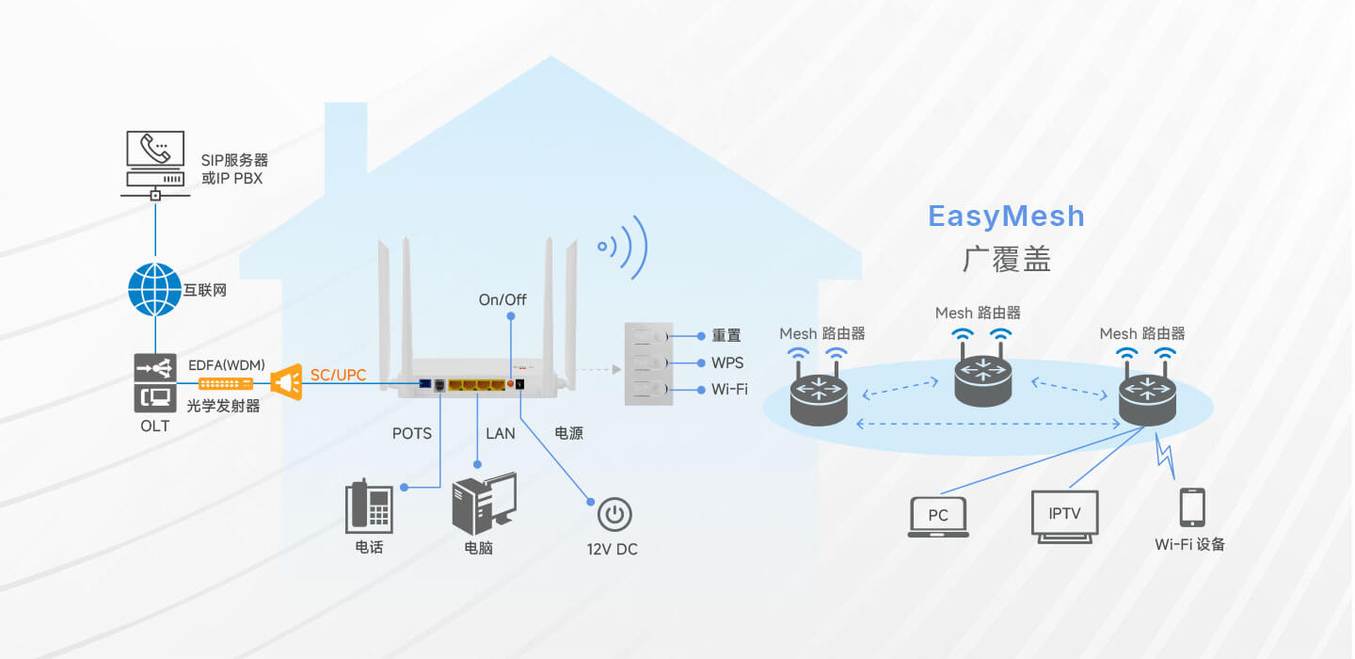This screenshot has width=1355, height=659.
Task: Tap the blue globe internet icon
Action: [154, 290]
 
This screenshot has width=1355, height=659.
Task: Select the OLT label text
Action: [155, 426]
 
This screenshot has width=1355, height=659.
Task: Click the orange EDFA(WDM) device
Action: [226, 383]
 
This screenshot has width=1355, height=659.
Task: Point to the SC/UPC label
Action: [339, 376]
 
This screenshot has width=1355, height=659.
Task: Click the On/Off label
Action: [502, 300]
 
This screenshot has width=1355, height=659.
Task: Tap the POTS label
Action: [412, 434]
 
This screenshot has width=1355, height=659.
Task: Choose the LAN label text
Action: [501, 434]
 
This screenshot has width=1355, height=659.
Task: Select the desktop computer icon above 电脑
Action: [484, 504]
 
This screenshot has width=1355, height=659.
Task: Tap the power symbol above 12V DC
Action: [614, 515]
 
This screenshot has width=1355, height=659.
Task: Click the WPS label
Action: [727, 362]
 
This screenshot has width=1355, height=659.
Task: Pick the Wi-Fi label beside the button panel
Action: [729, 389]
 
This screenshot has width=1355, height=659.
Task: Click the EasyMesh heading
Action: [1006, 217]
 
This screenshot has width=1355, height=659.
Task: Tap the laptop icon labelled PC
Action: [938, 517]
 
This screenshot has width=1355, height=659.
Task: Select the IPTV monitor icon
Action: [1064, 516]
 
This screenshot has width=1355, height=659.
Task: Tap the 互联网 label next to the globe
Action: [206, 291]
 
